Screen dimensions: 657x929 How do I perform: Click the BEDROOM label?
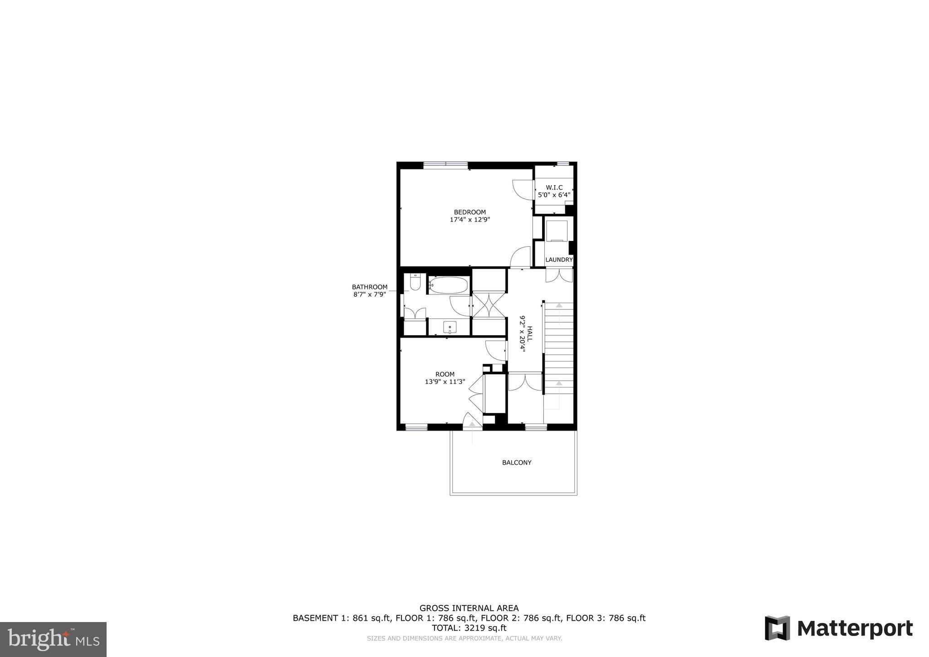pos(469,212)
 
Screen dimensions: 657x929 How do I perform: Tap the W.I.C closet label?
pos(554,187)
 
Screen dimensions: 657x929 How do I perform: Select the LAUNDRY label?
pos(559,260)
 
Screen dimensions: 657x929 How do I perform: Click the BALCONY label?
pos(517,462)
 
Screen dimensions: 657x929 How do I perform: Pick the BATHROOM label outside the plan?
pos(370,287)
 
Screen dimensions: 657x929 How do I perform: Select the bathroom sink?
pos(450,327)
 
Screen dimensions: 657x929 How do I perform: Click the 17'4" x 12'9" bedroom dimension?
pos(469,220)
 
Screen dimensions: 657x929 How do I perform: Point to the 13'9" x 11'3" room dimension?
pos(445,382)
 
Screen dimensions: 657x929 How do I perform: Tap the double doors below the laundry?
pos(559,275)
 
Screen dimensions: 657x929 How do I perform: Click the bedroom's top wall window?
pos(445,165)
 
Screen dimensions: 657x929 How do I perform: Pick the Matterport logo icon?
pos(777,628)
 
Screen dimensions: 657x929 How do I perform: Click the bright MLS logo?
pos(53,640)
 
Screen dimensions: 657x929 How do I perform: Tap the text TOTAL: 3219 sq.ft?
pos(469,628)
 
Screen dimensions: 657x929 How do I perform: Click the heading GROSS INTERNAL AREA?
pos(469,608)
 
